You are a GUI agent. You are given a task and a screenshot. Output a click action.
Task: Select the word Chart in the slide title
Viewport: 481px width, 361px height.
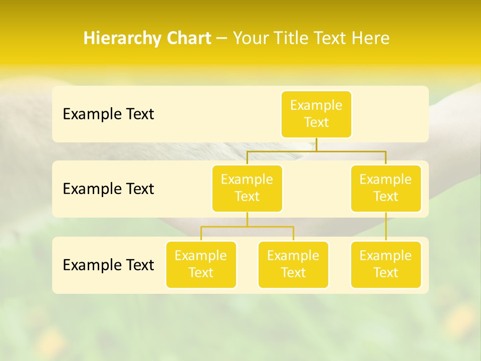tap(186, 39)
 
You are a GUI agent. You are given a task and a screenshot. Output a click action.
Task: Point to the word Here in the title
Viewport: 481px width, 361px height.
tap(371, 39)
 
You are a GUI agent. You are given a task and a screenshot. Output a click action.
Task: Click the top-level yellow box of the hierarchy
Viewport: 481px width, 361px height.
tap(316, 114)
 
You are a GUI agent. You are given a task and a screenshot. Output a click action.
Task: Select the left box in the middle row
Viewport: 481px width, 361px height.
tap(247, 188)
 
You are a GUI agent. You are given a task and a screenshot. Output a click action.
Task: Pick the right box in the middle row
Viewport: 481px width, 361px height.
tap(386, 188)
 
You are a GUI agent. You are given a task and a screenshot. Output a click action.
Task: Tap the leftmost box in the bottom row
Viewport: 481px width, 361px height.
tap(201, 264)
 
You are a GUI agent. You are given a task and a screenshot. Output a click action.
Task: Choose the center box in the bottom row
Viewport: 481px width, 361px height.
tap(293, 264)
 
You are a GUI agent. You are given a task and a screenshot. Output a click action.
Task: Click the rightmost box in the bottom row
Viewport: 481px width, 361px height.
tap(386, 264)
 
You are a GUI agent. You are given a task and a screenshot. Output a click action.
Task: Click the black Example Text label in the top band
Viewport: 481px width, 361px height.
tap(108, 114)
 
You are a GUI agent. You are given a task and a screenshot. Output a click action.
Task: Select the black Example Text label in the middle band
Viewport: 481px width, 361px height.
tap(108, 189)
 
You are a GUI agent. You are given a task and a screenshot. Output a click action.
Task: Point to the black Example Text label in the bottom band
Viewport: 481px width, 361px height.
tap(108, 265)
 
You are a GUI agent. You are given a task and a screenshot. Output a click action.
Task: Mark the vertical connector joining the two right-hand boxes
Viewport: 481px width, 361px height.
tap(386, 227)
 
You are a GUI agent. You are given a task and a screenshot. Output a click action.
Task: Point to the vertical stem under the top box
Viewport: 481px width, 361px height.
tap(316, 144)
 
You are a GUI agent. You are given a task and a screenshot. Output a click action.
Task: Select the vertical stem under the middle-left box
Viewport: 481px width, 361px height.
tap(247, 219)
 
